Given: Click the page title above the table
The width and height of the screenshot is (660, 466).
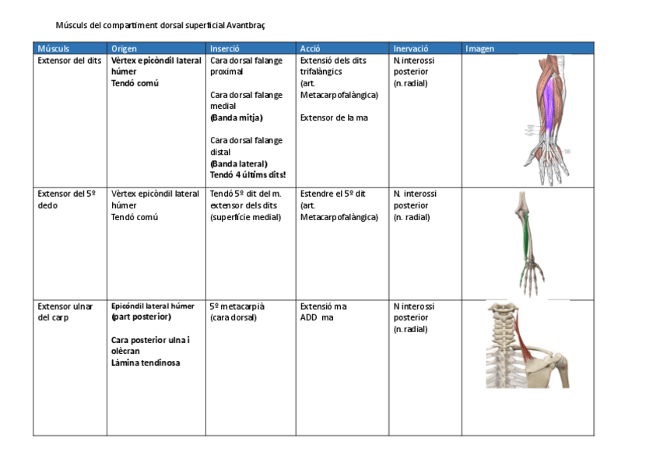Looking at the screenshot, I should [x=160, y=25].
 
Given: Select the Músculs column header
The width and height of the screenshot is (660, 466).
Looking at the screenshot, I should [x=53, y=48].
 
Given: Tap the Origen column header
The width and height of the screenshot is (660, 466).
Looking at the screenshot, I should [x=124, y=48].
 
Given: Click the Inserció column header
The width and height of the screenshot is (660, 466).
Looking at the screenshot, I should [x=225, y=48].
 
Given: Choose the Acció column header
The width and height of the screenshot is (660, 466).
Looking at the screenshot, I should [x=310, y=48].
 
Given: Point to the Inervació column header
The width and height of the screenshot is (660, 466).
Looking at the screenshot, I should [x=411, y=48].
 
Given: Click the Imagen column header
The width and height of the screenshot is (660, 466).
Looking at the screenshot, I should [x=479, y=48].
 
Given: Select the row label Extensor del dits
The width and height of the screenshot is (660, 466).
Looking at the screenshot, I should [x=69, y=60].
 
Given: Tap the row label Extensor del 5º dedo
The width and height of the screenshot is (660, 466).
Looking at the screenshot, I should [x=66, y=199].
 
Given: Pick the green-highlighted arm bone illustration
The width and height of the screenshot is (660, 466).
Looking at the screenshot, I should [x=529, y=244].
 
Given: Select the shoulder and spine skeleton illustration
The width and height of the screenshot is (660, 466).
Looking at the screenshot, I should [x=527, y=344].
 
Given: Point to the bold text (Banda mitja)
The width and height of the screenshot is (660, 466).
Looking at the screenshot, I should [x=237, y=117].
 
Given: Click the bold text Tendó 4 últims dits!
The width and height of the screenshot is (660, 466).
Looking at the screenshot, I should [x=247, y=175].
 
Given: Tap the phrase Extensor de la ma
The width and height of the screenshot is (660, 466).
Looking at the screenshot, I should [x=334, y=117].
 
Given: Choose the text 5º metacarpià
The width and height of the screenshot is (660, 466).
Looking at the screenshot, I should [x=237, y=306].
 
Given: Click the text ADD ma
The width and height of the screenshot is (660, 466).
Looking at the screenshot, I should [x=317, y=317].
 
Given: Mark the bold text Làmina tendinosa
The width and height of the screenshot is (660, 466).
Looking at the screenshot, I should [x=146, y=363].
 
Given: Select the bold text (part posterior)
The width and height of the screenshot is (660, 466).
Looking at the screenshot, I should [x=141, y=317].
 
